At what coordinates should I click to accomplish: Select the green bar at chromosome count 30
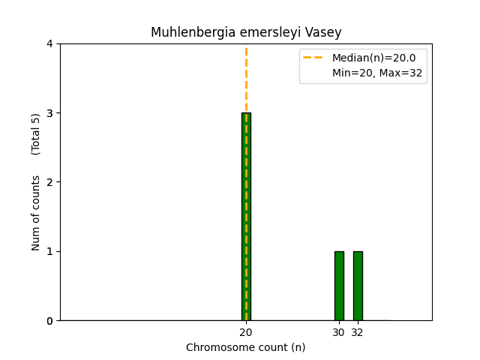pyautogui.click(x=339, y=286)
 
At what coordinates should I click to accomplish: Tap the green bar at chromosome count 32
pyautogui.click(x=358, y=286)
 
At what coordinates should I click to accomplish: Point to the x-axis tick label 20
pyautogui.click(x=246, y=332)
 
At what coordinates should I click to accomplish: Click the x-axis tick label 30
pyautogui.click(x=339, y=332)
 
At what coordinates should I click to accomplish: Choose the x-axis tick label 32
pyautogui.click(x=358, y=332)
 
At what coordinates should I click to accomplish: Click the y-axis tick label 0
pyautogui.click(x=49, y=321)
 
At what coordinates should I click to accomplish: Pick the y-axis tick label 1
pyautogui.click(x=49, y=251)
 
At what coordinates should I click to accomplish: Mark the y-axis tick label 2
pyautogui.click(x=49, y=182)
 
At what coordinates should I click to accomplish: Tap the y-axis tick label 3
pyautogui.click(x=49, y=113)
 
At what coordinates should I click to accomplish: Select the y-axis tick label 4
pyautogui.click(x=49, y=44)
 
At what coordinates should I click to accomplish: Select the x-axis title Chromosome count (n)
pyautogui.click(x=246, y=347)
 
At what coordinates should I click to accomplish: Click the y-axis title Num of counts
pyautogui.click(x=36, y=213)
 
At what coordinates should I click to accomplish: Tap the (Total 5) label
pyautogui.click(x=36, y=134)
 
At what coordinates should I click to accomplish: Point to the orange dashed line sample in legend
pyautogui.click(x=315, y=58)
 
